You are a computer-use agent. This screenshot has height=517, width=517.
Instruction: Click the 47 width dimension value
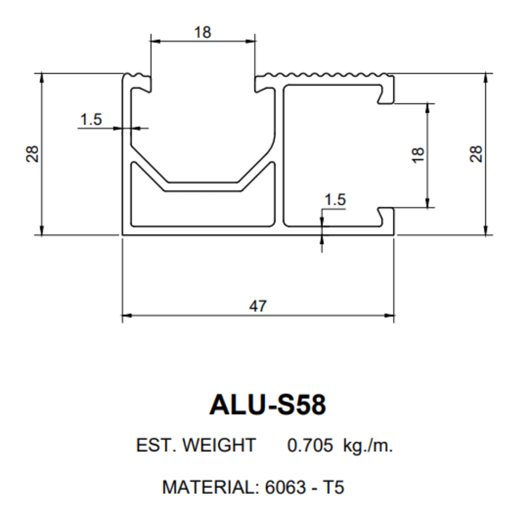pyautogui.click(x=258, y=306)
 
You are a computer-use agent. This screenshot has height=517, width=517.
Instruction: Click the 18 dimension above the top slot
pyautogui.click(x=203, y=33)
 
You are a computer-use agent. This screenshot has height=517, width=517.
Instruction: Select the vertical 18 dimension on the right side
pyautogui.click(x=419, y=155)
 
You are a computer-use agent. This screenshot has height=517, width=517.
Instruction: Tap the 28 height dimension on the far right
pyautogui.click(x=476, y=154)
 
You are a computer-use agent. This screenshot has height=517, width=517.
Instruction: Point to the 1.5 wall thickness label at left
pyautogui.click(x=91, y=120)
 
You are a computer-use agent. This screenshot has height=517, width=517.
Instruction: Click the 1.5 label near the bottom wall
pyautogui.click(x=334, y=200)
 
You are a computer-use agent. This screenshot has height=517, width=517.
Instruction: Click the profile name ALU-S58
pyautogui.click(x=267, y=405)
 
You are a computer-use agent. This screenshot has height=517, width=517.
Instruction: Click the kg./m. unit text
pyautogui.click(x=368, y=445)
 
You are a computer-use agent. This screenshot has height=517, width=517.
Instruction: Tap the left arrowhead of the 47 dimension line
pyautogui.click(x=127, y=314)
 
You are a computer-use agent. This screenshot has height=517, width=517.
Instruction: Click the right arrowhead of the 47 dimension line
pyautogui.click(x=389, y=314)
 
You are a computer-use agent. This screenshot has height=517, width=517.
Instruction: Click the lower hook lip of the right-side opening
pyautogui.click(x=385, y=214)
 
